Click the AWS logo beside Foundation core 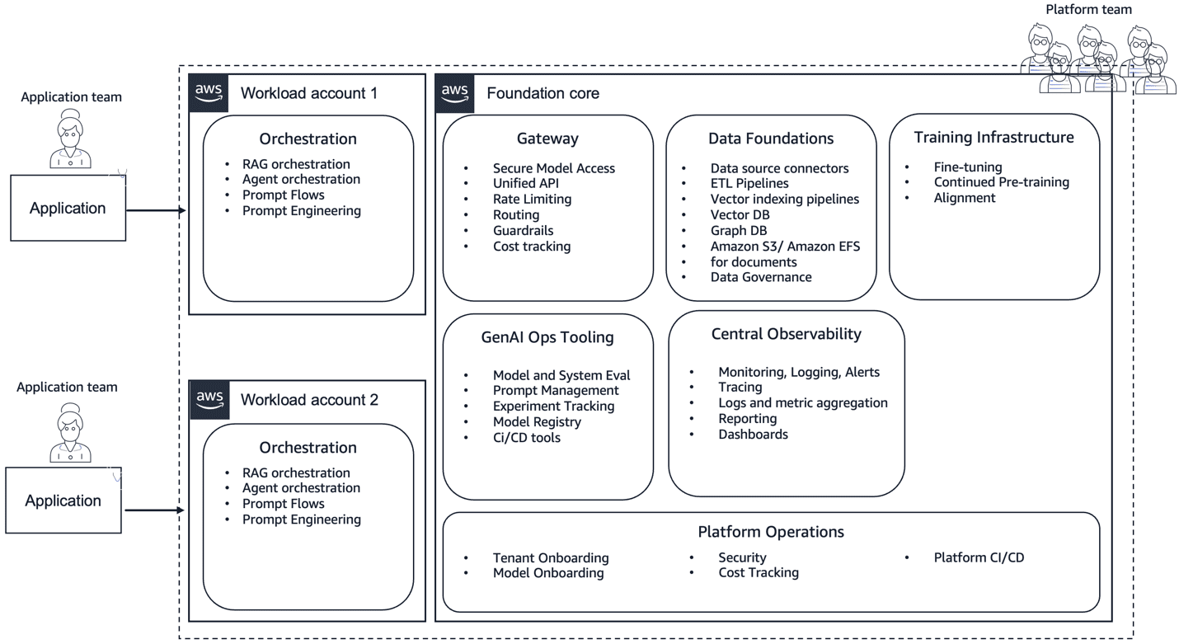455,93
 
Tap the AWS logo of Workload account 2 209,400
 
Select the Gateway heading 547,139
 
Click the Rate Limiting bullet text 532,199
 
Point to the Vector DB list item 740,214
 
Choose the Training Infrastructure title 993,137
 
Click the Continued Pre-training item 1001,182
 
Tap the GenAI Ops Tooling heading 547,336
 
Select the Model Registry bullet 537,421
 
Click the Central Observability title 786,334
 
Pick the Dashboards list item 753,434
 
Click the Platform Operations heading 771,532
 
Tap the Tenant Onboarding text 551,557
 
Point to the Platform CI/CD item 979,557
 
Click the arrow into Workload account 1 157,210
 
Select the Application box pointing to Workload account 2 63,501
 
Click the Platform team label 1088,9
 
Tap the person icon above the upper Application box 71,141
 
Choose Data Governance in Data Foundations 760,277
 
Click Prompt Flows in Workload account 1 283,195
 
